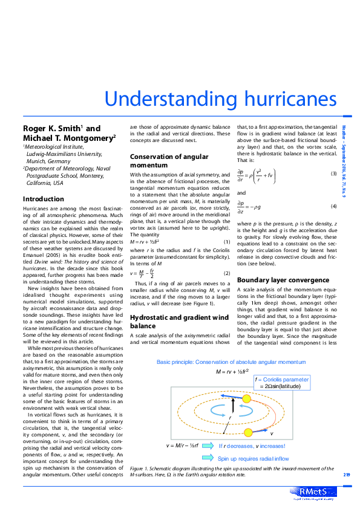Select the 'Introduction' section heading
[43, 199]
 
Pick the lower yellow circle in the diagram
[247, 432]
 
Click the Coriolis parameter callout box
[282, 382]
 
